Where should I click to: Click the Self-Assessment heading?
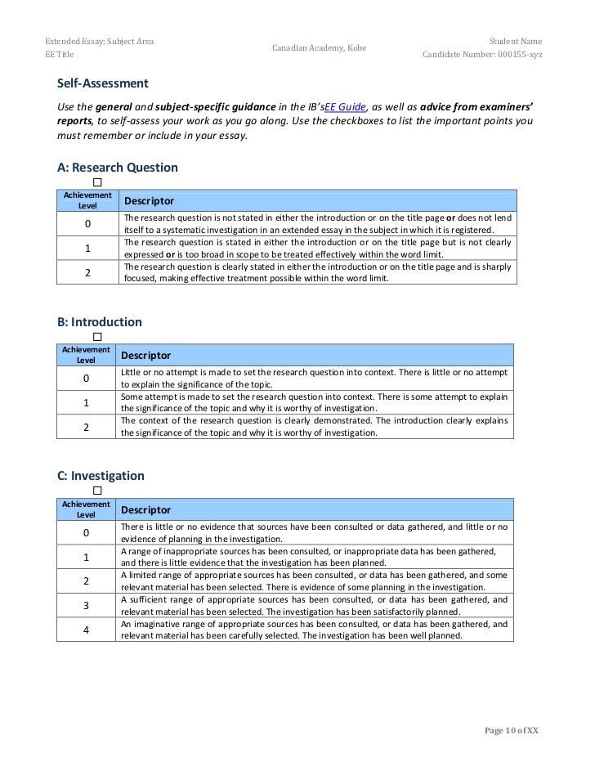102,83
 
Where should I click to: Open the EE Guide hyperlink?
345,107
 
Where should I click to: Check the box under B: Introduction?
97,336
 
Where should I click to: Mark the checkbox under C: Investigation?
97,490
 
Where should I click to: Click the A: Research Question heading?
117,168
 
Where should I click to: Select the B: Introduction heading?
99,322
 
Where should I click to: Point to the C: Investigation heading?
101,476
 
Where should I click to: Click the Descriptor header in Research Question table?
149,201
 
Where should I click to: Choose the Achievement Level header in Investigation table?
86,509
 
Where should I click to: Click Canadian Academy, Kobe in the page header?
319,48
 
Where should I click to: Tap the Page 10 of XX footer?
512,730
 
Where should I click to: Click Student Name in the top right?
515,41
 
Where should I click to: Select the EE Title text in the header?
59,55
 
